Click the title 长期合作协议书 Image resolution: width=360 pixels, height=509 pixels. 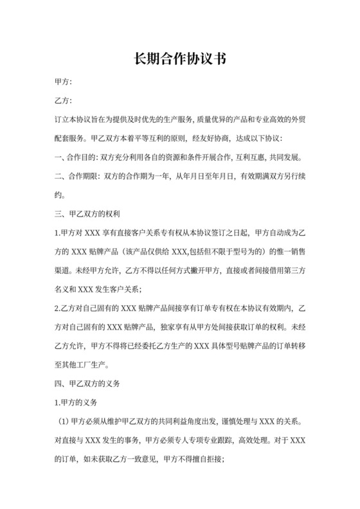[179, 59]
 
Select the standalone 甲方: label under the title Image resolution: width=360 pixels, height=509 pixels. [64, 83]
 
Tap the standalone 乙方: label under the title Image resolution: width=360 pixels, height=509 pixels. [64, 102]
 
